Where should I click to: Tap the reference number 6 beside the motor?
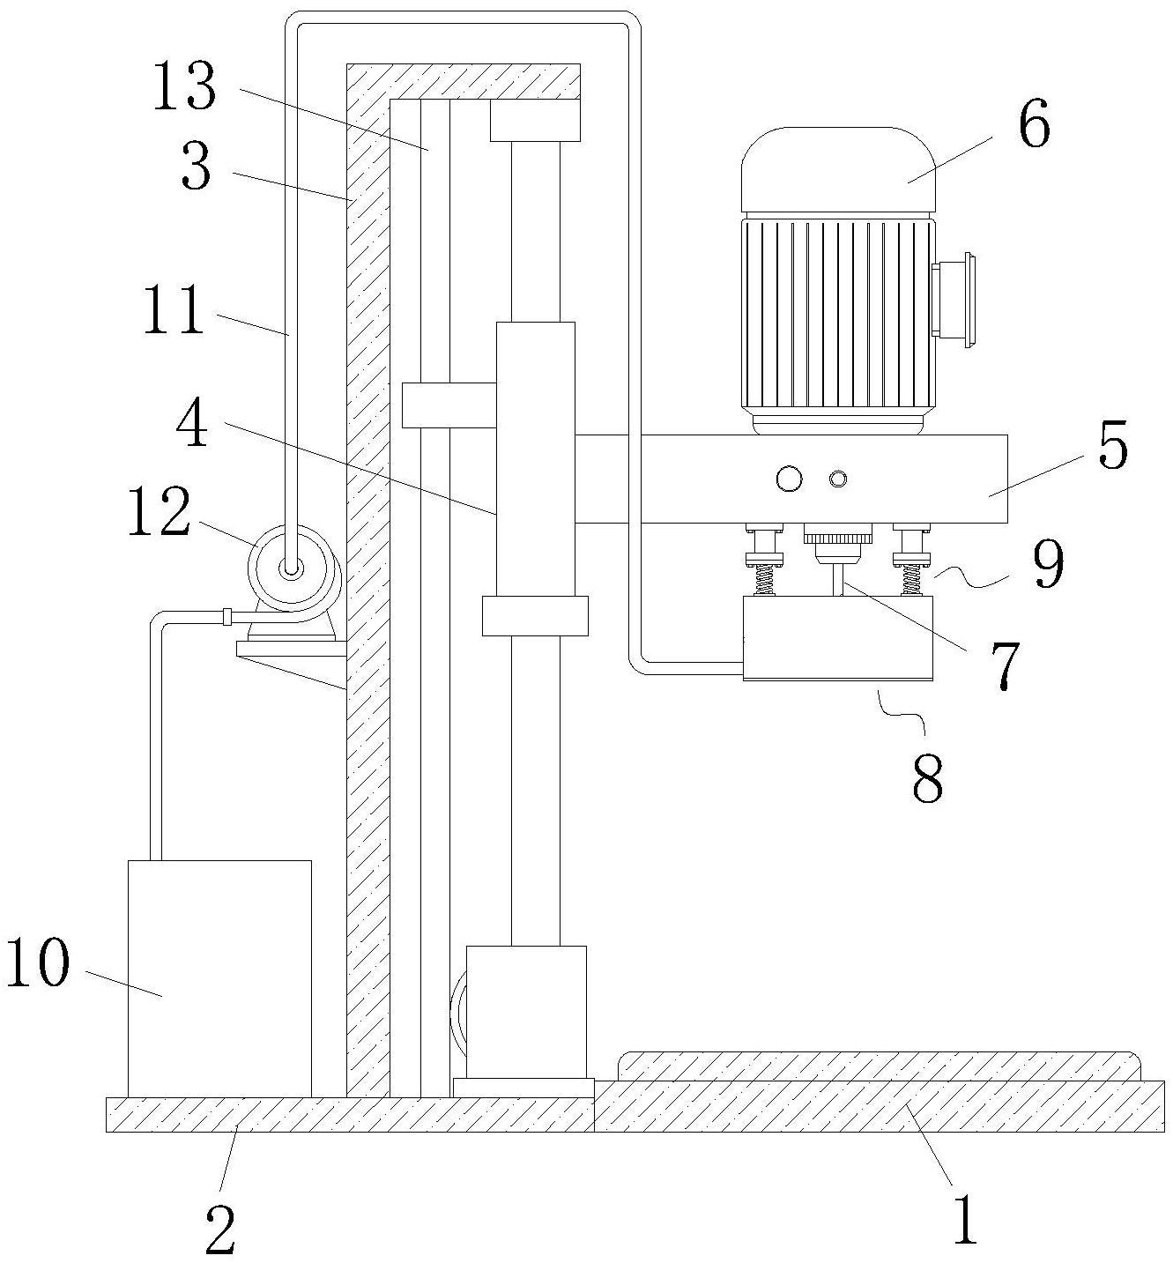point(1034,126)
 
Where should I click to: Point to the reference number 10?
point(37,962)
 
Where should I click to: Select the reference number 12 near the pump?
point(159,511)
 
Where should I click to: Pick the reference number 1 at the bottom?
point(966,1220)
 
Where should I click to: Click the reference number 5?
point(1112,444)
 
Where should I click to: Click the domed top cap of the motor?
point(838,170)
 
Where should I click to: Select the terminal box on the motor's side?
point(953,301)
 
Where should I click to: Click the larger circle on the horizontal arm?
point(789,479)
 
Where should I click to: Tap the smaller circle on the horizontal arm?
point(838,479)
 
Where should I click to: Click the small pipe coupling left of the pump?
point(227,617)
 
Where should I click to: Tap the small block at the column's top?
point(535,120)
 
